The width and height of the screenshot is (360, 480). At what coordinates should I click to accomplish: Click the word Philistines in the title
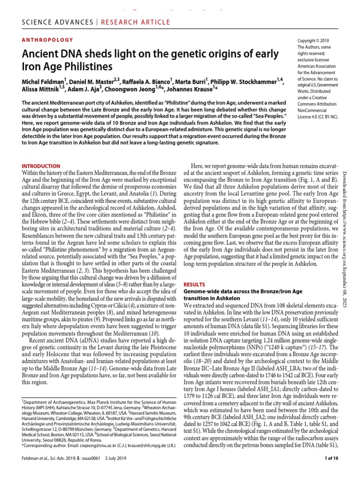tap(84, 66)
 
